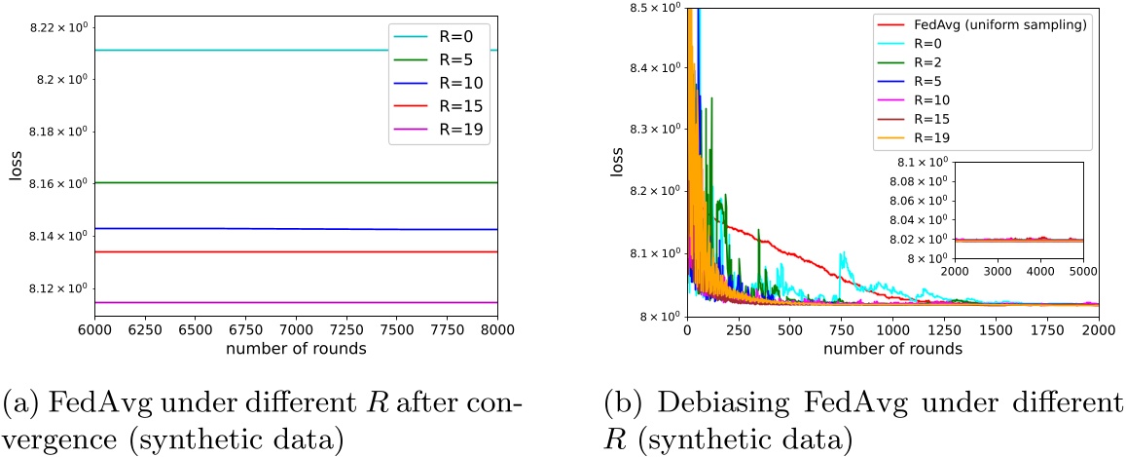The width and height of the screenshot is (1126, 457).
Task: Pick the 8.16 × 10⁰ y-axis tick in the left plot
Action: tap(57, 183)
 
